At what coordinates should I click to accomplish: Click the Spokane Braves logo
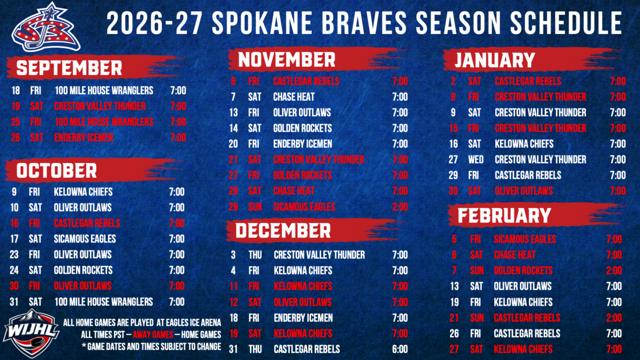pyautogui.click(x=46, y=28)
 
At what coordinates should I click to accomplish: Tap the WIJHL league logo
pyautogui.click(x=31, y=333)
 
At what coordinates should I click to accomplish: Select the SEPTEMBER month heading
pyautogui.click(x=69, y=68)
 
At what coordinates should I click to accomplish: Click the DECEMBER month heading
pyautogui.click(x=283, y=230)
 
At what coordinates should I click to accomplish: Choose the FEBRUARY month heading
pyautogui.click(x=505, y=215)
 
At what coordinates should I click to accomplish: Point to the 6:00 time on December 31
pyautogui.click(x=400, y=349)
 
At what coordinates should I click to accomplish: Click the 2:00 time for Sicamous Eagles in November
pyautogui.click(x=400, y=206)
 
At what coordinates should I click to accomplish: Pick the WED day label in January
pyautogui.click(x=476, y=159)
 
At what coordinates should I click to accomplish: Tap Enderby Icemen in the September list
pyautogui.click(x=84, y=138)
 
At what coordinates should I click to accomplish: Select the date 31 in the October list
pyautogui.click(x=14, y=301)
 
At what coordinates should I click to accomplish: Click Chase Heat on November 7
pyautogui.click(x=294, y=97)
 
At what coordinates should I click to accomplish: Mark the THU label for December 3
pyautogui.click(x=255, y=254)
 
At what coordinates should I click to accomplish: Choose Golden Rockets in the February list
pyautogui.click(x=523, y=270)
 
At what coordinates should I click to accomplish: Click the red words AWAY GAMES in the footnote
pyautogui.click(x=153, y=334)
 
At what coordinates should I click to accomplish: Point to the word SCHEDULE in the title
pyautogui.click(x=566, y=23)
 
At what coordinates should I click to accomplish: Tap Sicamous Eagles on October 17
pyautogui.click(x=85, y=238)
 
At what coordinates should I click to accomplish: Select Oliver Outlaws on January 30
pyautogui.click(x=524, y=190)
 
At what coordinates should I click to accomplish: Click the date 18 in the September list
pyautogui.click(x=15, y=91)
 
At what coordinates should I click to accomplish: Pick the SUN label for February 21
pyautogui.click(x=477, y=317)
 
